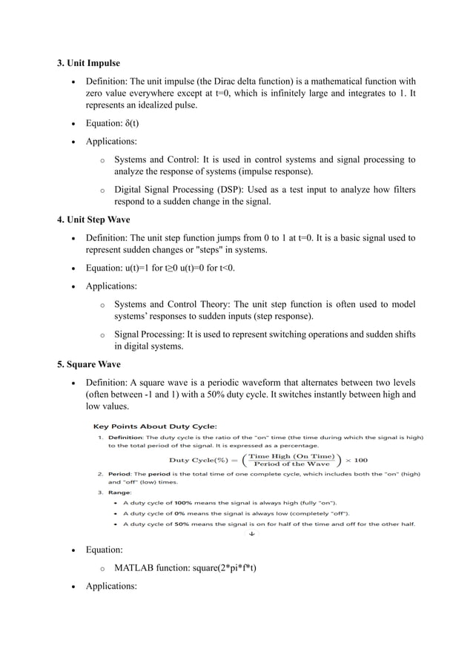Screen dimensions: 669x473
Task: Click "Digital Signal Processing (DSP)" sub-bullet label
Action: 183,189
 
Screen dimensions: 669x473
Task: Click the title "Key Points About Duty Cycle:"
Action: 154,426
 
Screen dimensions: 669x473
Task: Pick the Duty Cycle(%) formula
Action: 267,460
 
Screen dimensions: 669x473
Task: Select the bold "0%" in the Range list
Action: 182,513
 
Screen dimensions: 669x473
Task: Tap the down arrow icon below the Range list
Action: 252,533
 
